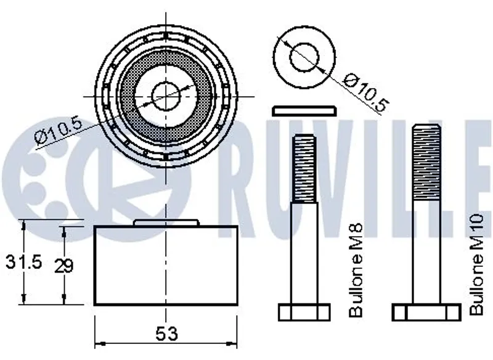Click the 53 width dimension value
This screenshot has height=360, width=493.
point(166,333)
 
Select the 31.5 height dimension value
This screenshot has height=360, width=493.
point(23,261)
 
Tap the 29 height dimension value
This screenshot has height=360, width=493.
point(63,265)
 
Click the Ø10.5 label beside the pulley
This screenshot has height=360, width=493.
point(58,131)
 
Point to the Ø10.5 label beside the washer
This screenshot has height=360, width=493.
point(365,92)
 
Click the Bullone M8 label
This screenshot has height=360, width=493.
point(356,270)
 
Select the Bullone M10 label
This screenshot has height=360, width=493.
point(476,264)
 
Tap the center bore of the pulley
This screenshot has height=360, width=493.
point(166,96)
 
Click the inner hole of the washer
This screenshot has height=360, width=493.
point(304,57)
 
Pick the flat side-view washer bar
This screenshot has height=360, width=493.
point(304,111)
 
